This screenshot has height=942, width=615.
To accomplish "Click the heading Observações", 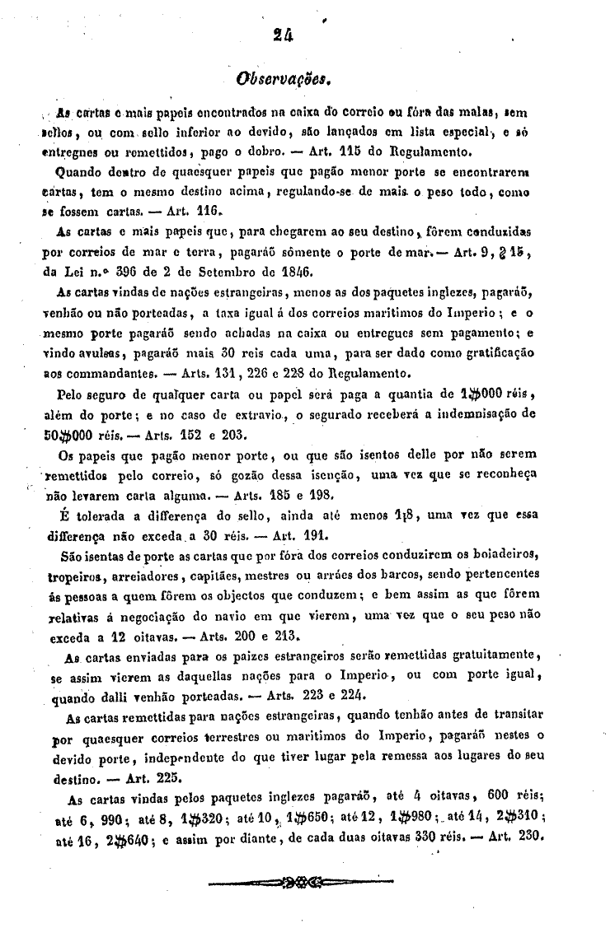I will pos(283,81).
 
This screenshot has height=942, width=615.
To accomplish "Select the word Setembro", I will pos(207,272).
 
